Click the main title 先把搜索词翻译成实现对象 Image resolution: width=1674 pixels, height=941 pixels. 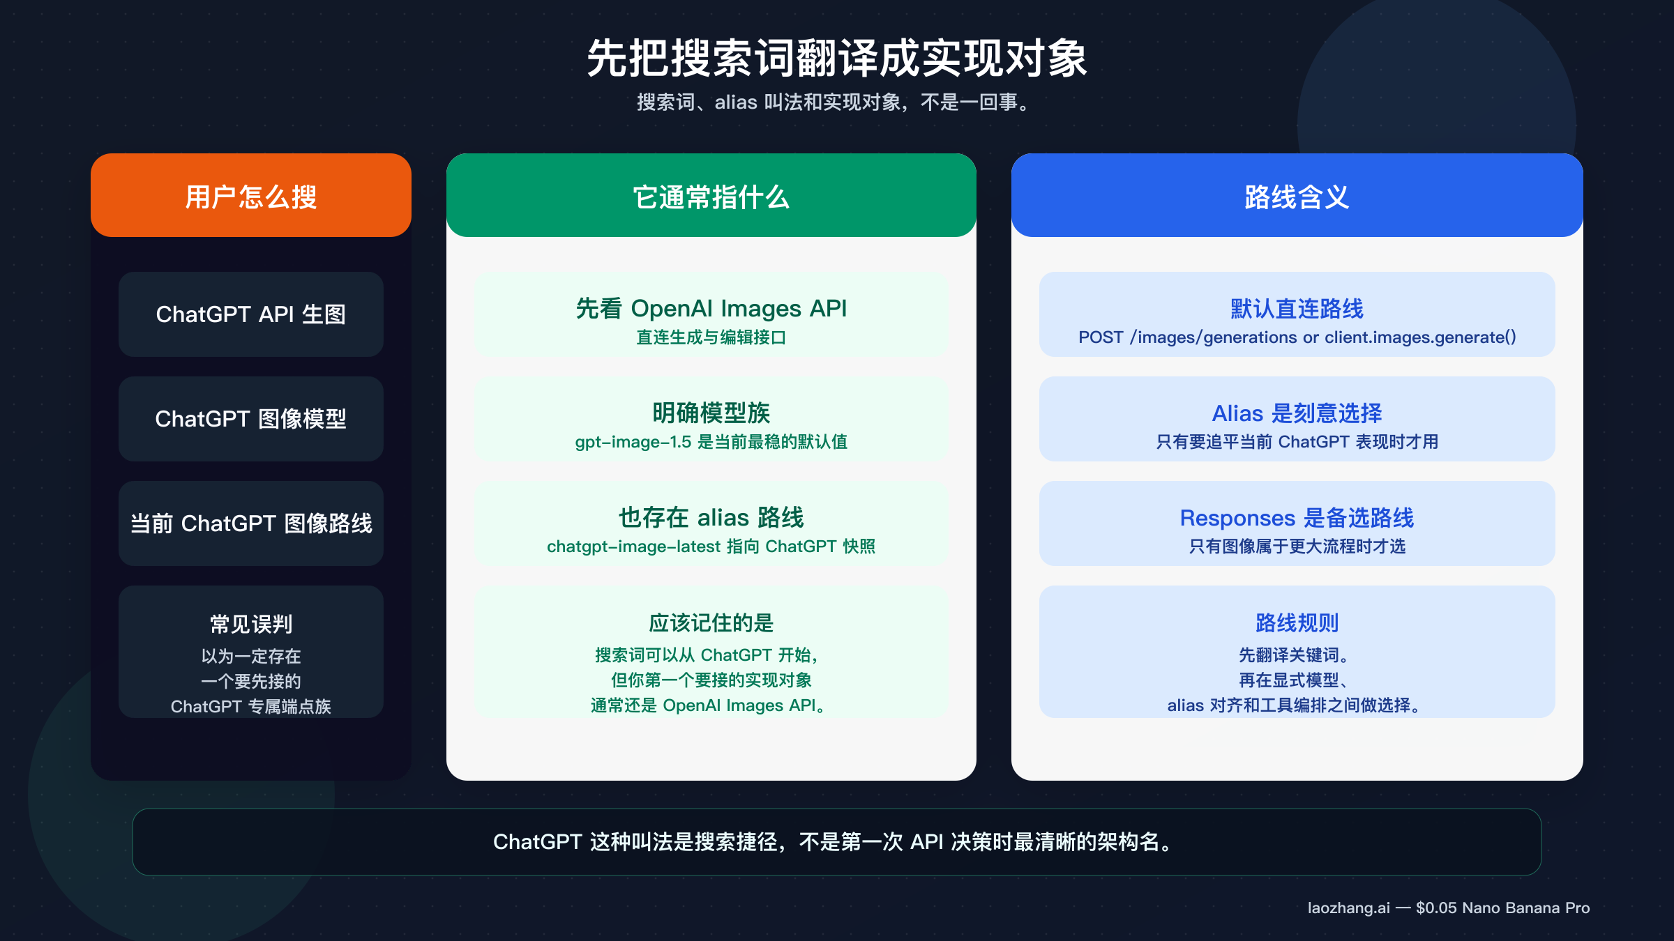tap(836, 59)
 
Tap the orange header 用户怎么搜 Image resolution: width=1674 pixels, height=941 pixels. tap(251, 197)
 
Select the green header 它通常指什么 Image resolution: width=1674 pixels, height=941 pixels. tap(711, 197)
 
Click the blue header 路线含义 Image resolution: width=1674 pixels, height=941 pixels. tap(1297, 197)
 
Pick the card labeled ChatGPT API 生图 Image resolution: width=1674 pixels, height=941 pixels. tap(251, 314)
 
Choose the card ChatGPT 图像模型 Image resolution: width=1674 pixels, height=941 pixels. tap(251, 419)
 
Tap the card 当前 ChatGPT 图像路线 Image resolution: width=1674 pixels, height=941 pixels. tap(251, 523)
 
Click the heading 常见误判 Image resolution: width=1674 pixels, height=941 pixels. tap(251, 624)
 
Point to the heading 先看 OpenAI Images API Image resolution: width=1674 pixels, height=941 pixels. tap(711, 308)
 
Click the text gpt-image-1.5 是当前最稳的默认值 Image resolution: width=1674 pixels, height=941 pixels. tap(711, 442)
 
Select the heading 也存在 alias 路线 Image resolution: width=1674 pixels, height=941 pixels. tap(711, 517)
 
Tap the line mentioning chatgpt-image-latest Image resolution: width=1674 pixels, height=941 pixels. tap(711, 546)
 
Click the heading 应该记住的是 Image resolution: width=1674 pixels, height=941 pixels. tap(711, 622)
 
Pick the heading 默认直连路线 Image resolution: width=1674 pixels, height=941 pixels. tap(1297, 308)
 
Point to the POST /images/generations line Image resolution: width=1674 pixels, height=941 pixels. tap(1297, 337)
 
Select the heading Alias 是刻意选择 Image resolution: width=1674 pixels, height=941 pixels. tap(1297, 413)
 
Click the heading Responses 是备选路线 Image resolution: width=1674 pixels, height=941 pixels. tap(1297, 517)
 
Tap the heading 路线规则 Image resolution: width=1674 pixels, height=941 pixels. tap(1297, 622)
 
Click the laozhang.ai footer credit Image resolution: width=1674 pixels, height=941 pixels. tap(1448, 908)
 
